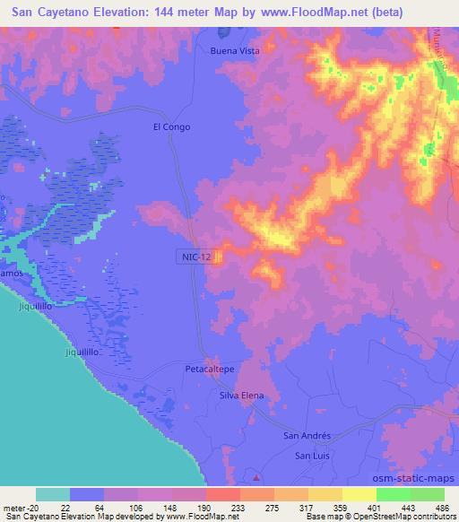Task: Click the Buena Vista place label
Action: [235, 51]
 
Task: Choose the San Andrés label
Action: [307, 436]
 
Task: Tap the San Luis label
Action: [316, 457]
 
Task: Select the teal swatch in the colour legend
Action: [53, 494]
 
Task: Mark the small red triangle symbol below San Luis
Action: [257, 475]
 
